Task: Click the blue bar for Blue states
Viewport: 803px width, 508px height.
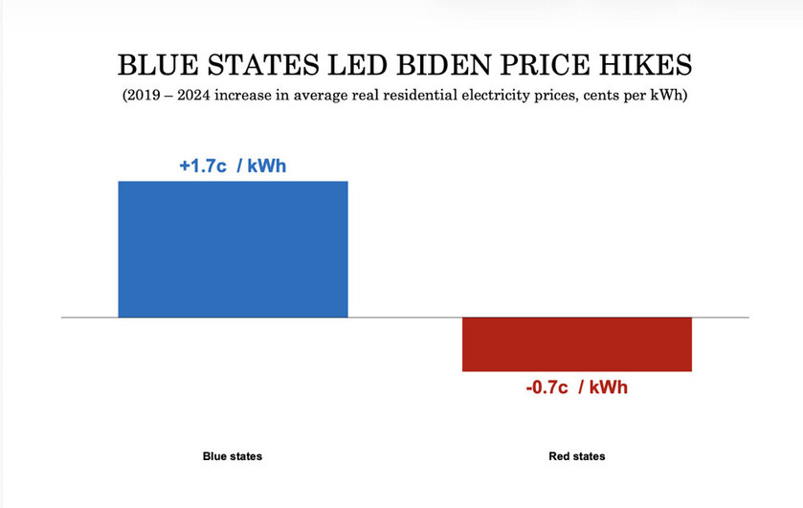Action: coord(233,249)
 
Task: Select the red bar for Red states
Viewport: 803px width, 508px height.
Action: coord(576,343)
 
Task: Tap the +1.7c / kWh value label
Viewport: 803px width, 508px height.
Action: coord(233,166)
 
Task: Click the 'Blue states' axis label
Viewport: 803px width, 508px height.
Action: coord(233,456)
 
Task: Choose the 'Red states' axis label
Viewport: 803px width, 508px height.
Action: coord(576,456)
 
